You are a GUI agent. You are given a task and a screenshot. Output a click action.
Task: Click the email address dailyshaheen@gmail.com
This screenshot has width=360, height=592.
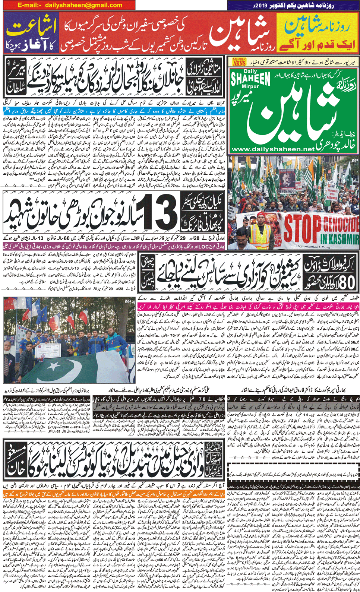(84, 5)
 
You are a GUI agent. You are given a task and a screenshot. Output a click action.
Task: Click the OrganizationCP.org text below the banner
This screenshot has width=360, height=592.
(313, 246)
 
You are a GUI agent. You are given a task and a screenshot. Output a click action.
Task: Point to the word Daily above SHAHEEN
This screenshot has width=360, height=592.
(250, 71)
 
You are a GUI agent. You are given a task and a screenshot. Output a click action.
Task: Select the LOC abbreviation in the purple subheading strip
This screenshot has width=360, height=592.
(207, 247)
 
